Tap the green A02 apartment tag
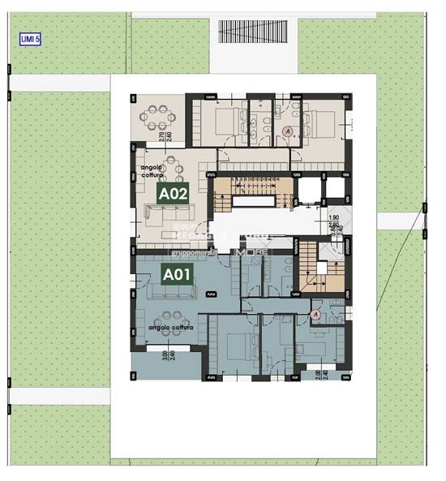173,194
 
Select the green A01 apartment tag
176,275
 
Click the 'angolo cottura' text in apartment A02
151,171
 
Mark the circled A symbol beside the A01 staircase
316,313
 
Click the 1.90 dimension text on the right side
332,218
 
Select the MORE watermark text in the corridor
247,252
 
